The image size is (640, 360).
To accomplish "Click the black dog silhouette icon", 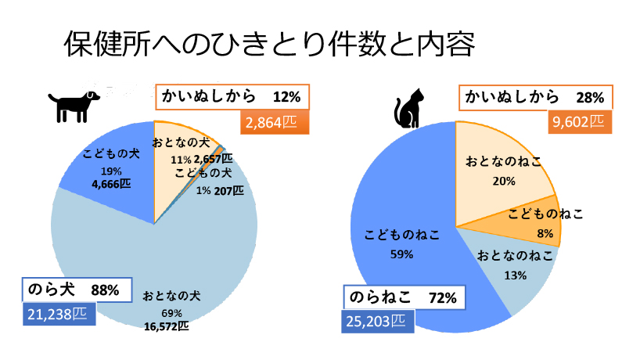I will coord(75,105).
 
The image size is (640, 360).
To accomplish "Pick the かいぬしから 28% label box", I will coord(535,97).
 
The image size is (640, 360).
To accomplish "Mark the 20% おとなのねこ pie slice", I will coord(501,168).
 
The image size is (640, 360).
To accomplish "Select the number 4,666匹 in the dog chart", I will coord(111,184).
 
